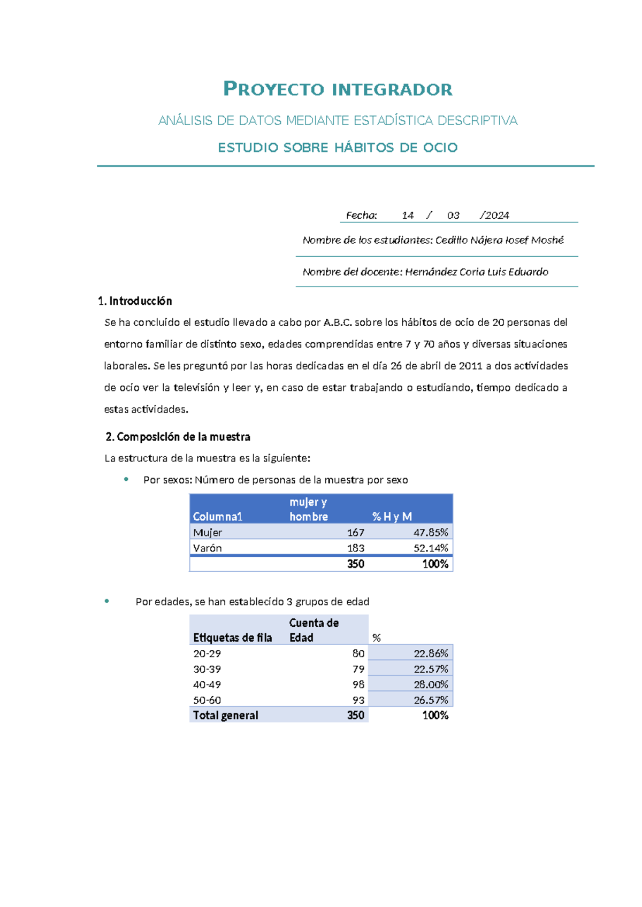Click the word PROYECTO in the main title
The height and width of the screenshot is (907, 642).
click(273, 89)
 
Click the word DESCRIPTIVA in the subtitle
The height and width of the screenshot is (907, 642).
click(477, 121)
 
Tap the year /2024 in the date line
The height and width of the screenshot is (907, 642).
click(495, 216)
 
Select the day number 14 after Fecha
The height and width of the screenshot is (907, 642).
click(408, 216)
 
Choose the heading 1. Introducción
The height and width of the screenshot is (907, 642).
click(135, 301)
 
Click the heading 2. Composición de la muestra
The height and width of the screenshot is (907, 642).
click(178, 437)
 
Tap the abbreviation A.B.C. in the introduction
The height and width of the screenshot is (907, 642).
click(338, 322)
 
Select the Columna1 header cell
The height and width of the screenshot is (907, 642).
click(218, 517)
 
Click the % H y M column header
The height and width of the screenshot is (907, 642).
click(392, 517)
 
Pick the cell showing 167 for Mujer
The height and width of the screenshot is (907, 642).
click(355, 533)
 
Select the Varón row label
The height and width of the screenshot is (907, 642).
click(208, 548)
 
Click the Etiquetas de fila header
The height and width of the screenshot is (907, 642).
click(232, 637)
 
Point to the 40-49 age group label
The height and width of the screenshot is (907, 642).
click(207, 685)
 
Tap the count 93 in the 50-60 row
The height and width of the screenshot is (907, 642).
click(358, 700)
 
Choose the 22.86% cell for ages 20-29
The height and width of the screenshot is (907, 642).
click(431, 654)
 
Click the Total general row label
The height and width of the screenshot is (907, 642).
click(225, 716)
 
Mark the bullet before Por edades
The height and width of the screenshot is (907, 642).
click(107, 601)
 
